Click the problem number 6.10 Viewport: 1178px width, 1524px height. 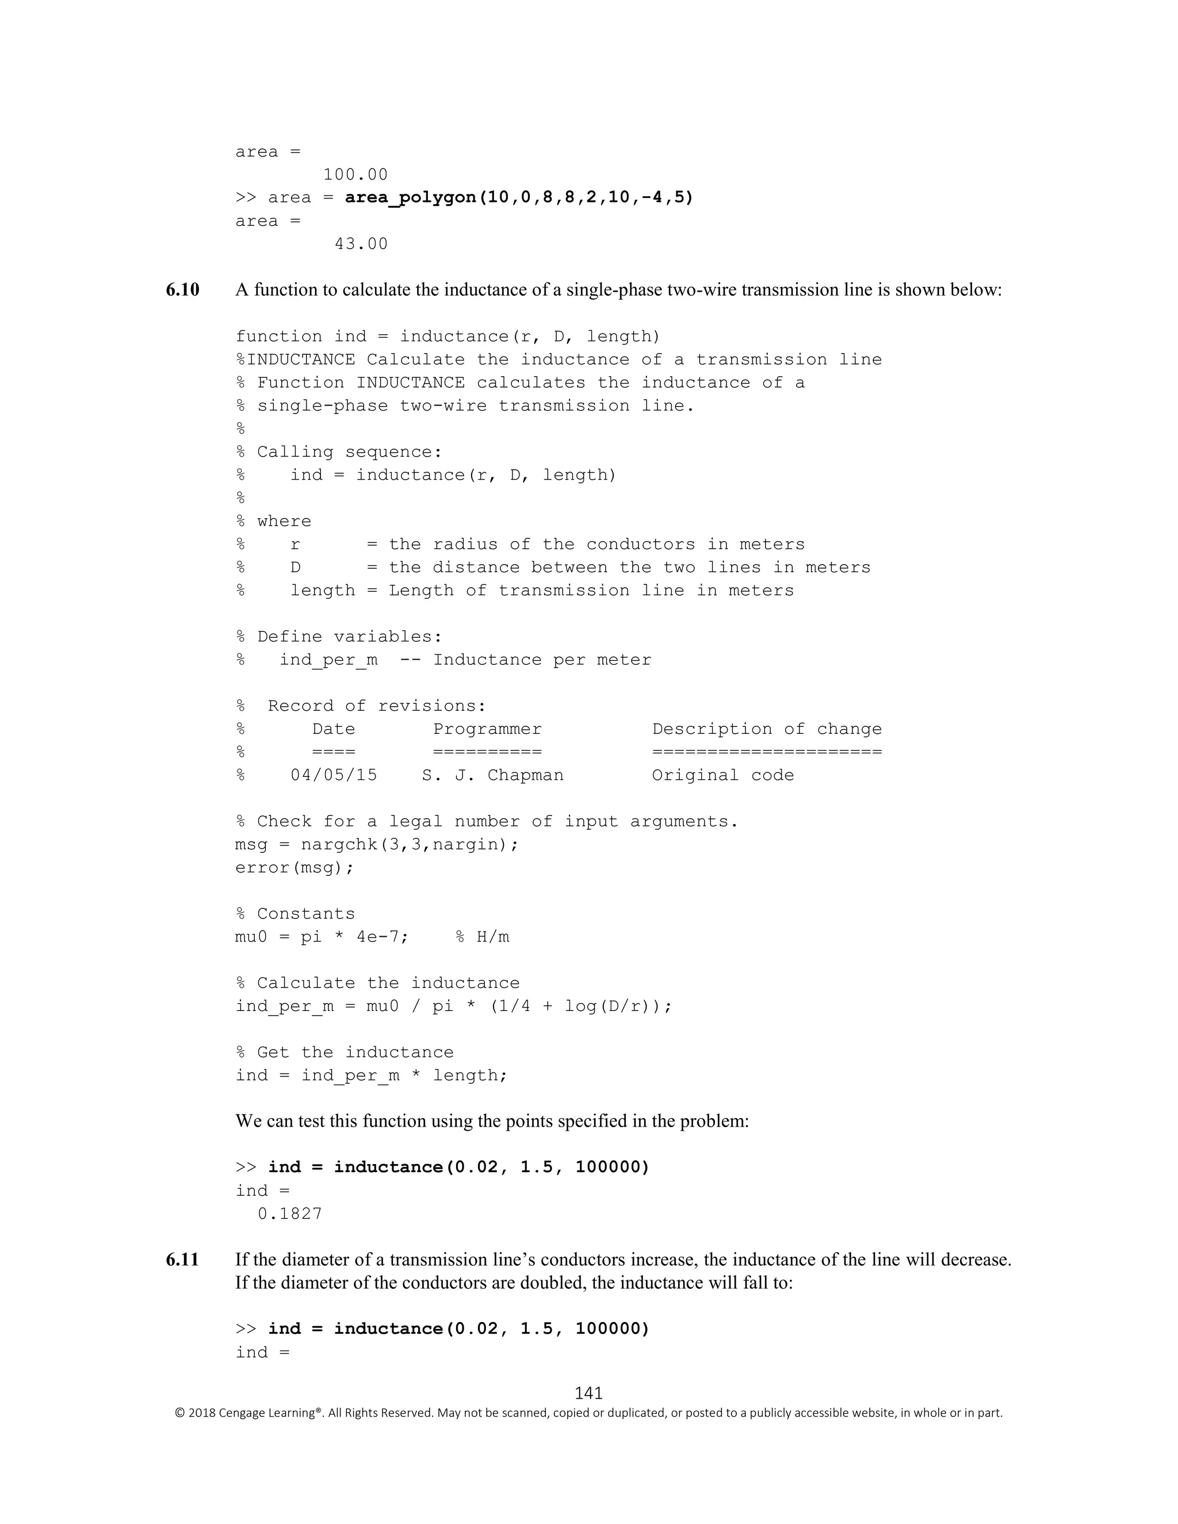coord(182,290)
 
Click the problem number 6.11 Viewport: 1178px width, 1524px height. coord(182,1259)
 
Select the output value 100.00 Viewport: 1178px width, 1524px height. coord(355,174)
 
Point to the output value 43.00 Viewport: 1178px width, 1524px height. coord(361,243)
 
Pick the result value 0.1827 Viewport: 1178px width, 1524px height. coord(290,1213)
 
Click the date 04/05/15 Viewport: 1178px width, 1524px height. coord(334,775)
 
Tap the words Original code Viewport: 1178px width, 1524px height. coord(722,775)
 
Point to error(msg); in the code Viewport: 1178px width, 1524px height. coord(294,867)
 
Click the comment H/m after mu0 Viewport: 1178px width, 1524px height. coord(493,936)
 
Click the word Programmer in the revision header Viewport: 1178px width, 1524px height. coord(487,729)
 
